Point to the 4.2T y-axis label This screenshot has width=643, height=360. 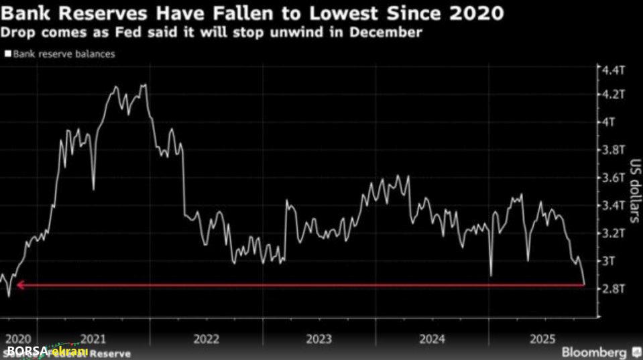tap(613, 95)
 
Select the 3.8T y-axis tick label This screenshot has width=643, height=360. tap(613, 149)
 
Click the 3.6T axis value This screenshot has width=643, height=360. tap(613, 178)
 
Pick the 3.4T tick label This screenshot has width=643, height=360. tap(613, 205)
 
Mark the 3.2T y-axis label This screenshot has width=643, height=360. tap(613, 233)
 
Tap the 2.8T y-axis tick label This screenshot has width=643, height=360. tap(613, 288)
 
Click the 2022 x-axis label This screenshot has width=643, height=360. tap(207, 339)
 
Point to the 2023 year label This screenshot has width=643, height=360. tap(319, 339)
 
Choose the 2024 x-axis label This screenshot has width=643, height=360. tap(432, 339)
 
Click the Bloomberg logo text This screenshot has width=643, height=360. tap(593, 351)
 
